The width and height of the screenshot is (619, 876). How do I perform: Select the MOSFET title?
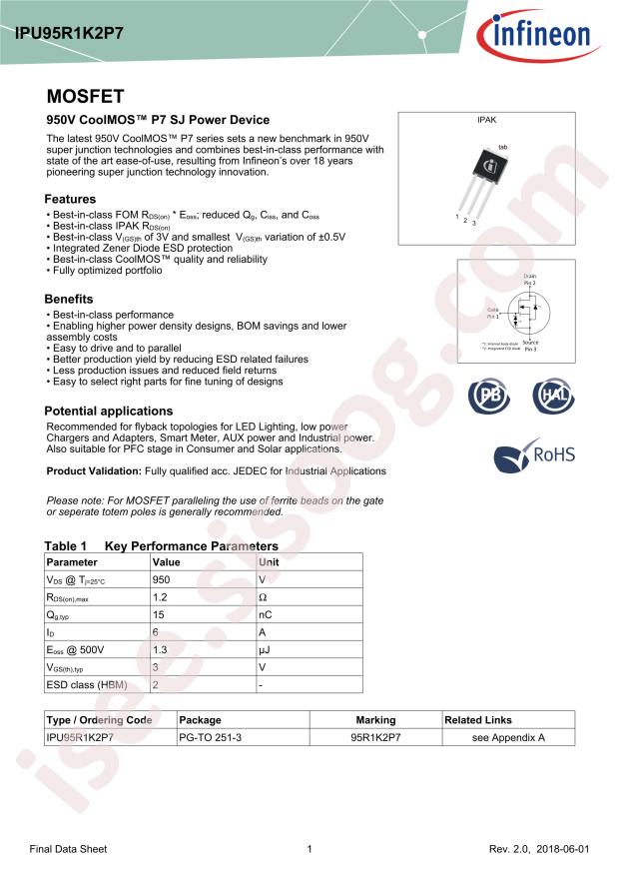pos(85,97)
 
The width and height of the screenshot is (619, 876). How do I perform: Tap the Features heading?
pos(70,199)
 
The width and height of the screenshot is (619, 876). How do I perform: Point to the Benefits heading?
pos(69,299)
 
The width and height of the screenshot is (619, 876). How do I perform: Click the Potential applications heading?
pos(109,411)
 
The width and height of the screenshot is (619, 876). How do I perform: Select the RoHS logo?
pos(536,454)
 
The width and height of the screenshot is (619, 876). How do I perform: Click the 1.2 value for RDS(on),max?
pos(160,597)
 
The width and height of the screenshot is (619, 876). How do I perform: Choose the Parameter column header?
pos(73,562)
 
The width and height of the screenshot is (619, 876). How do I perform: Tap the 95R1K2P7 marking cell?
pos(375,737)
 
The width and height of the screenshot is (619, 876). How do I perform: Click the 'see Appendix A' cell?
pos(508,737)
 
